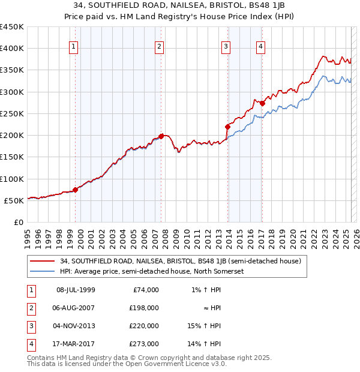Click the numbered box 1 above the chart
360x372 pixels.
73,47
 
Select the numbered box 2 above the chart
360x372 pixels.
159,47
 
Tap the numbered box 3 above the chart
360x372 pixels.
226,47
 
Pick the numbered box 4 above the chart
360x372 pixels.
262,47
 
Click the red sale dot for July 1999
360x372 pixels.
75,190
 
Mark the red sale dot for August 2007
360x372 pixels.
161,136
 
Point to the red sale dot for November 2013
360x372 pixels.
227,127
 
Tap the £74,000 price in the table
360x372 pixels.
146,290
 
